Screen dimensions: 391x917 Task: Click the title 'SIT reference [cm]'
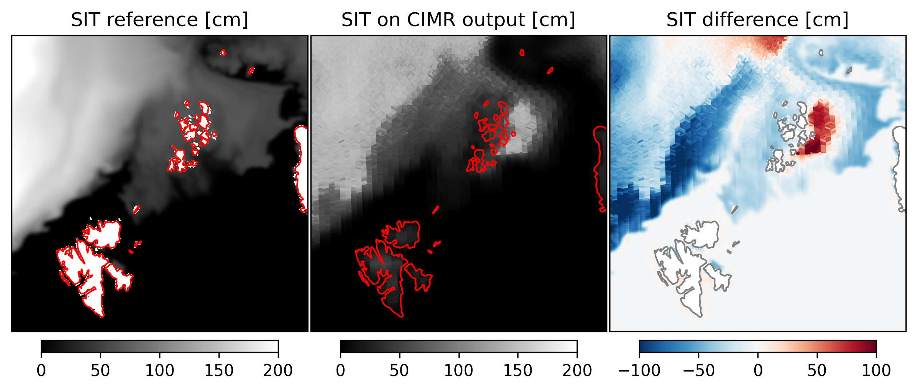pos(159,20)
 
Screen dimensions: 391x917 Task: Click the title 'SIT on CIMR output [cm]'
pos(458,20)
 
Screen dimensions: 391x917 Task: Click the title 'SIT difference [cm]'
pos(757,20)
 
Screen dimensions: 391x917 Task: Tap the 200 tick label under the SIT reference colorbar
pos(278,371)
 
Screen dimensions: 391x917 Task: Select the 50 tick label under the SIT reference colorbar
pos(100,371)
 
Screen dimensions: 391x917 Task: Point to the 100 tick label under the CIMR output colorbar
pos(458,371)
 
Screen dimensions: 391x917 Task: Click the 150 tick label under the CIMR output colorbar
pos(518,371)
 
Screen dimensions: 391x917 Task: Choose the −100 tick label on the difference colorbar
pos(639,371)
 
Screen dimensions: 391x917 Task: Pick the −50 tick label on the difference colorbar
pos(699,371)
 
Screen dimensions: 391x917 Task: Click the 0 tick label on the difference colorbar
pos(758,371)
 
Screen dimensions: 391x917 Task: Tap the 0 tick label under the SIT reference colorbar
pos(41,371)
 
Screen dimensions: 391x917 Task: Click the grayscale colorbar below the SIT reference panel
pos(159,346)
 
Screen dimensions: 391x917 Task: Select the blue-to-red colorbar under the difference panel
pos(757,346)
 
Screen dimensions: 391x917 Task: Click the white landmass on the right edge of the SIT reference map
pos(302,161)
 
